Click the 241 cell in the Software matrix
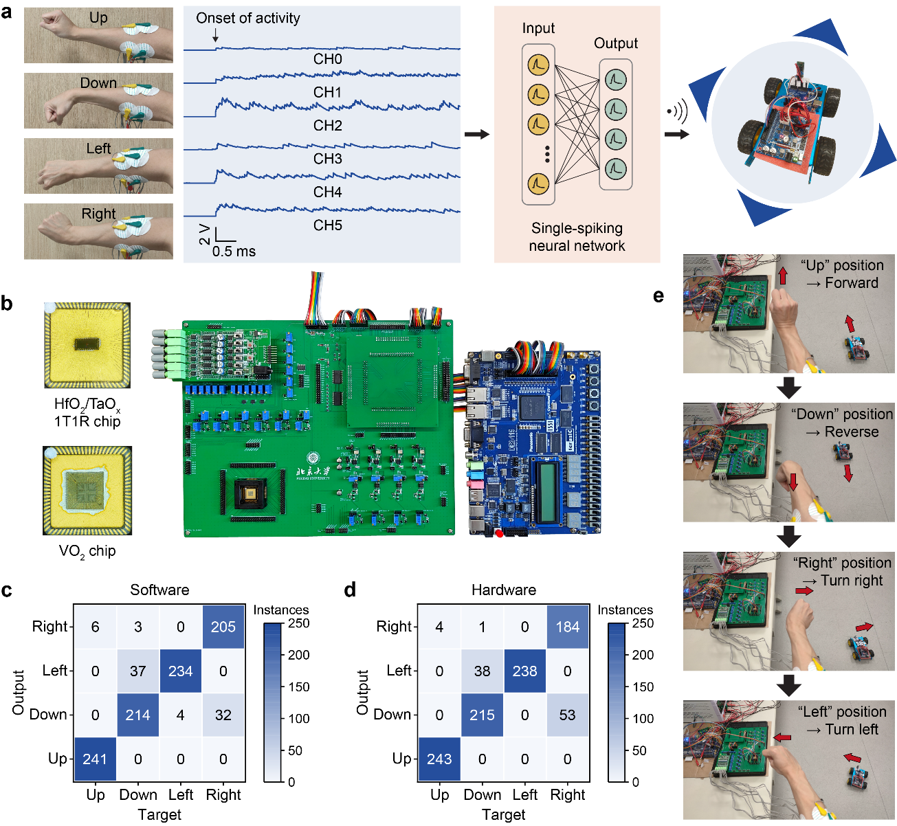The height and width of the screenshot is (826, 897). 95,759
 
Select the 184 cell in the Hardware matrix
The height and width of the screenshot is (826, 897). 568,627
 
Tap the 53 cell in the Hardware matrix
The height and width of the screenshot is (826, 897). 568,715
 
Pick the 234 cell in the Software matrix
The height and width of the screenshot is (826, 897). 180,671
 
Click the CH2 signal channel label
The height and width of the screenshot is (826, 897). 327,125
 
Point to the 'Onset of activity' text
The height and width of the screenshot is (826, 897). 248,19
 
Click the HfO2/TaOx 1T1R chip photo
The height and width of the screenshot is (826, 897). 87,345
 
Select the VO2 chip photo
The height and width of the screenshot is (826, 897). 87,490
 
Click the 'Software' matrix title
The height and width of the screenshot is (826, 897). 159,590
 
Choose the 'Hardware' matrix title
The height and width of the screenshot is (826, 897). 504,590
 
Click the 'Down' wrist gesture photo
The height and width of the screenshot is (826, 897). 98,100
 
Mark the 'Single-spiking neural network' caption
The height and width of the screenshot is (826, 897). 577,237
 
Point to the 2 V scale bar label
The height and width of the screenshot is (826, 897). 204,234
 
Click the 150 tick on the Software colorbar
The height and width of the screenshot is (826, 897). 298,687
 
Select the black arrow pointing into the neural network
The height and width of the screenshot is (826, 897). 476,134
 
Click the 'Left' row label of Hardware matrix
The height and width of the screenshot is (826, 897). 398,670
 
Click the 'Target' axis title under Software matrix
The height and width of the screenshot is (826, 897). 159,814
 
